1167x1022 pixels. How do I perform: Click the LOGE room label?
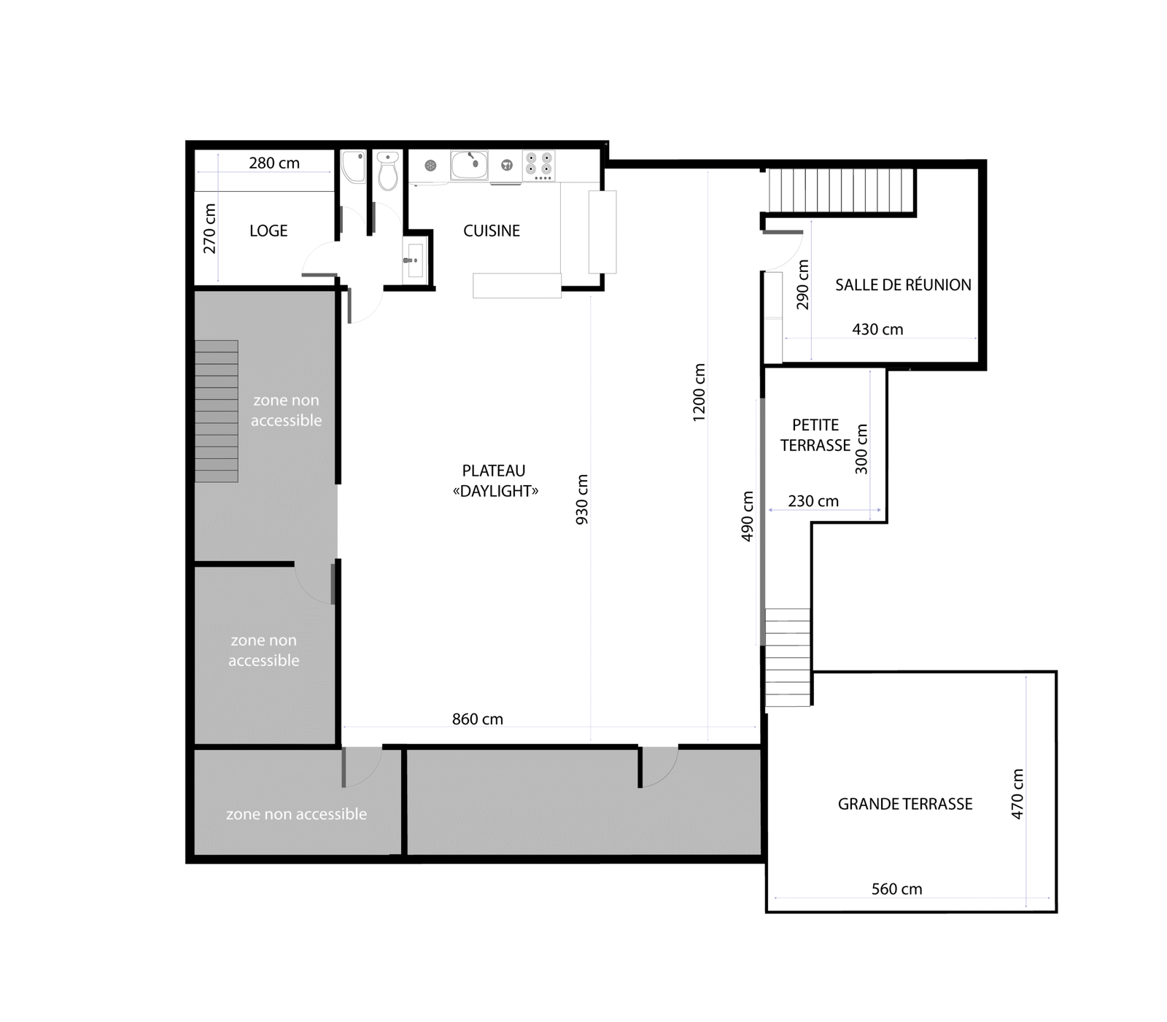coord(268,231)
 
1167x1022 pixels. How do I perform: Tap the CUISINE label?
coord(492,231)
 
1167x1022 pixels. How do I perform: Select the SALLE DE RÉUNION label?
coord(903,284)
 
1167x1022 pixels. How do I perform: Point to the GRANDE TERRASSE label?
coord(905,804)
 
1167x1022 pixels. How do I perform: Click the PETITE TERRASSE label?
coord(815,435)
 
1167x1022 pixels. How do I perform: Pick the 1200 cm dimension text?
coord(699,392)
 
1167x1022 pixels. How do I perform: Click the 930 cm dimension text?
coord(582,500)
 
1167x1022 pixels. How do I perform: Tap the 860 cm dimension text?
coord(478,719)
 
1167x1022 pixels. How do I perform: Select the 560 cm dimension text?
coord(897,889)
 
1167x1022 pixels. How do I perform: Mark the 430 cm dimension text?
coord(877,330)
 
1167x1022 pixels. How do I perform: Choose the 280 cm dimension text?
coord(274,163)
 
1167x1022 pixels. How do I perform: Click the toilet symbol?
coord(388,171)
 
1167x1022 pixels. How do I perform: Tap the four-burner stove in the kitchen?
coord(539,166)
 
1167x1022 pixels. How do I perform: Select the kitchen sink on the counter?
coord(469,165)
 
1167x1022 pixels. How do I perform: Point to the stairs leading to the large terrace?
coord(788,657)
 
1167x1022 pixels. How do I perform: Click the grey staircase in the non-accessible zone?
coord(217,411)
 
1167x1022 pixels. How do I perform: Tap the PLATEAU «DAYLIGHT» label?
coord(495,481)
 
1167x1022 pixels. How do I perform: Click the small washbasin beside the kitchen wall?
coord(414,260)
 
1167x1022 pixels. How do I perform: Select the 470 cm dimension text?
coord(1017,794)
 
